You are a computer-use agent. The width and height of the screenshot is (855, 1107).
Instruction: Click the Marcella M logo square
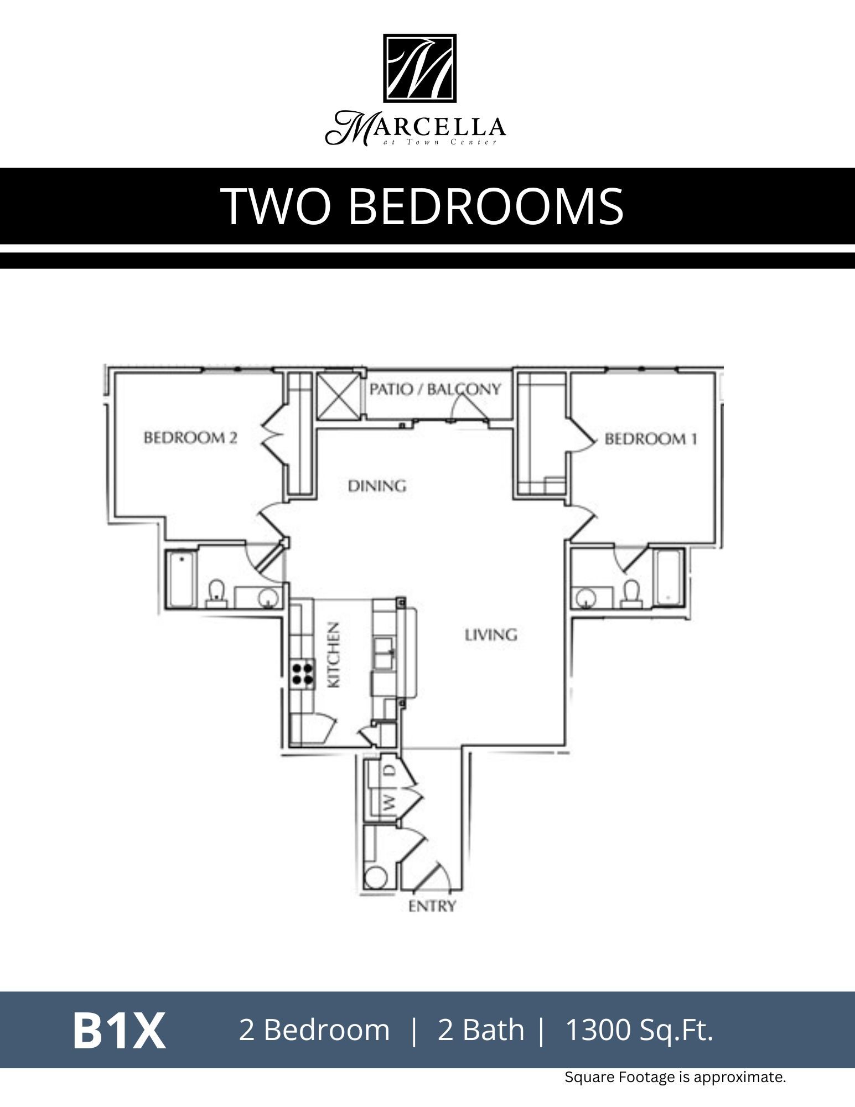click(x=419, y=68)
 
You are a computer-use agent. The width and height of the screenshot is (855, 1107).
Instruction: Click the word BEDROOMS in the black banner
click(x=485, y=206)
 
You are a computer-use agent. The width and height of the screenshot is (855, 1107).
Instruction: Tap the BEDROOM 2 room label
click(x=190, y=438)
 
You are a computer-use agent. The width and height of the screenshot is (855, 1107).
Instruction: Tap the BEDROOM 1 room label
click(x=650, y=439)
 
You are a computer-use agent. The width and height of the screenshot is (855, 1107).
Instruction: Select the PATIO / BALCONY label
click(x=435, y=389)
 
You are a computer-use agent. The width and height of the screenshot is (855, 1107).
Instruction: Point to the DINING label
click(x=377, y=486)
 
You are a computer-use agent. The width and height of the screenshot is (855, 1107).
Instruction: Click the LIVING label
click(x=491, y=634)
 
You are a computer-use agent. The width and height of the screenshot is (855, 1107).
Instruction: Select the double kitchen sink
click(x=384, y=653)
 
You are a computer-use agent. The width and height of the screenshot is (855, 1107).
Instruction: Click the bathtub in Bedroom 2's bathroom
click(x=181, y=578)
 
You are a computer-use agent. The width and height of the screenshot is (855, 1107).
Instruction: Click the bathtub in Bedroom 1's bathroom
click(x=669, y=577)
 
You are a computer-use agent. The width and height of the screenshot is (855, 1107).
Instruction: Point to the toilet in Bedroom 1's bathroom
click(x=631, y=593)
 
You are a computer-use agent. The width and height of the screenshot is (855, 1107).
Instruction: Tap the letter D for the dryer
click(x=390, y=770)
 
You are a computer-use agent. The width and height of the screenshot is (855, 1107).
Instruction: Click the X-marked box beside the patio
click(x=338, y=395)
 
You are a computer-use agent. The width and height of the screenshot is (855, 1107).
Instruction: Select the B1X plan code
click(x=118, y=1031)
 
